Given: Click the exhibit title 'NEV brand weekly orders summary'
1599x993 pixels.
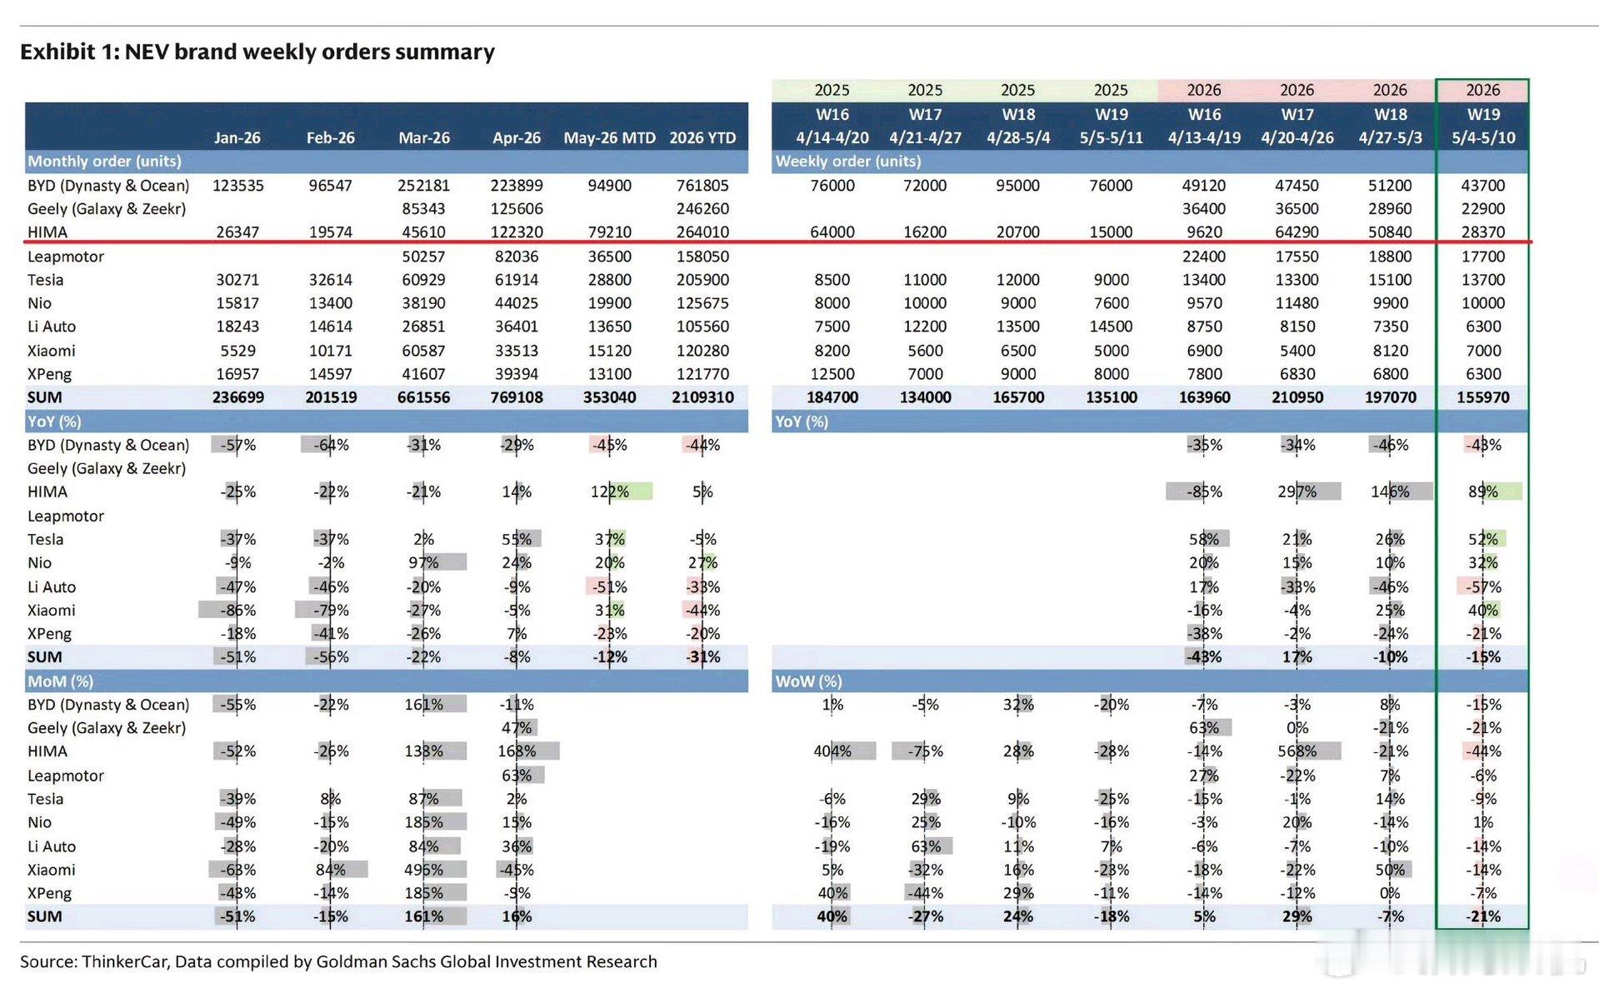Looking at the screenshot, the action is tap(309, 52).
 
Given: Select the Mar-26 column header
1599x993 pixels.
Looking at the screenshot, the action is tap(424, 137).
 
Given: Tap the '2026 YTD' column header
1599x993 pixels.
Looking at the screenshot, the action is tap(702, 137).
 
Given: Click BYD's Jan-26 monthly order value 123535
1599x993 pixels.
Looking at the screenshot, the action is tap(237, 185).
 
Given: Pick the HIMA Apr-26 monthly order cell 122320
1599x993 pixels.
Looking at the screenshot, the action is tap(517, 232).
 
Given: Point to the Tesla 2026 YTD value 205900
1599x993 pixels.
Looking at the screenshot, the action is tap(702, 280).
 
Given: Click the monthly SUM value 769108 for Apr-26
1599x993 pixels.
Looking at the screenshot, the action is tap(517, 397).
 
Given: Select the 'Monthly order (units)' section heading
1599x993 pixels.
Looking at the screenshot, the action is tap(104, 161).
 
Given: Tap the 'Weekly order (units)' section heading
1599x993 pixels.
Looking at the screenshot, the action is tap(848, 161).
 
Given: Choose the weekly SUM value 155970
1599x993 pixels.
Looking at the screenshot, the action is tap(1483, 397).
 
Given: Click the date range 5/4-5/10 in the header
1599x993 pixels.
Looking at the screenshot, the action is tap(1483, 137).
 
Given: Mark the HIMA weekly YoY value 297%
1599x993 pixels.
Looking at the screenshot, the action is tap(1297, 492).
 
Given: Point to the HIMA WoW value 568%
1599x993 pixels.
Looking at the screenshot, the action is tap(1297, 751).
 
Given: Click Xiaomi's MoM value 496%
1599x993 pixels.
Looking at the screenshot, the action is tap(424, 870).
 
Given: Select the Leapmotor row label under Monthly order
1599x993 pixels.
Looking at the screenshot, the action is tap(66, 257).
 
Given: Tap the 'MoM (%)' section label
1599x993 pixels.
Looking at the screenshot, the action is tap(60, 681).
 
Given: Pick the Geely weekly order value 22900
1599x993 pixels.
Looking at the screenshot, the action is tap(1483, 208).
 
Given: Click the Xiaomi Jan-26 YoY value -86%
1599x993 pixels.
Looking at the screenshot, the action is tap(237, 610).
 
